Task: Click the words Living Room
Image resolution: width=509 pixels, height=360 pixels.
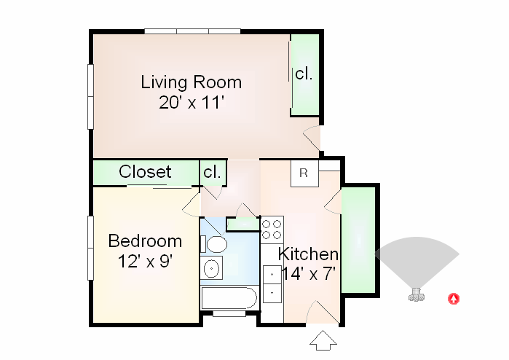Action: click(191, 81)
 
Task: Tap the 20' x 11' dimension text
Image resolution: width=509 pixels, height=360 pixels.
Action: click(191, 101)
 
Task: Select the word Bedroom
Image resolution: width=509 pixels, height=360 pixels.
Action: click(145, 240)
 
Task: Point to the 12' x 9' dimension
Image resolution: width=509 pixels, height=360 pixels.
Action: click(145, 260)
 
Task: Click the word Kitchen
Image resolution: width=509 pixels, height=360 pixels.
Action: click(309, 254)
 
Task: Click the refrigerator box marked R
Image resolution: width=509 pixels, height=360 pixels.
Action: click(304, 174)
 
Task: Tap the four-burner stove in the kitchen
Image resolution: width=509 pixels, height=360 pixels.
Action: click(272, 230)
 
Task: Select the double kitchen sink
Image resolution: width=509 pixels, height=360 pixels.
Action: click(272, 283)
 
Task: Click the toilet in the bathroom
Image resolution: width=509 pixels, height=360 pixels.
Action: click(216, 243)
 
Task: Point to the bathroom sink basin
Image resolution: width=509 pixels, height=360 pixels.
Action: click(213, 268)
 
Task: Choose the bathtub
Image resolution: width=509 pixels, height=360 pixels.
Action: click(229, 298)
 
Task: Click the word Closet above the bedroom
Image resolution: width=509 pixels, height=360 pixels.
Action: click(146, 172)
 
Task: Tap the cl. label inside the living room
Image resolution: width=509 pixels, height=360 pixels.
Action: click(304, 74)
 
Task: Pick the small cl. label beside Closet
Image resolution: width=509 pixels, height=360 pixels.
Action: click(213, 173)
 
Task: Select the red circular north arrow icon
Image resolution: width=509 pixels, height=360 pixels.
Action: click(453, 297)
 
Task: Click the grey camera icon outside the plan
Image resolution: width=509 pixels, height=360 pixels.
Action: click(417, 295)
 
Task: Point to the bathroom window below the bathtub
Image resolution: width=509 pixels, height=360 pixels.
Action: click(229, 314)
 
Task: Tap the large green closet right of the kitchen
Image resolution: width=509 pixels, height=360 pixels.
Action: click(358, 240)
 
